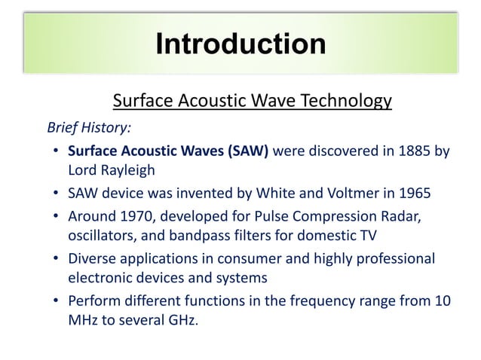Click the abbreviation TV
[x=366, y=235]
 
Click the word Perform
[x=94, y=301]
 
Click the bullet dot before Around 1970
[x=57, y=218]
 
